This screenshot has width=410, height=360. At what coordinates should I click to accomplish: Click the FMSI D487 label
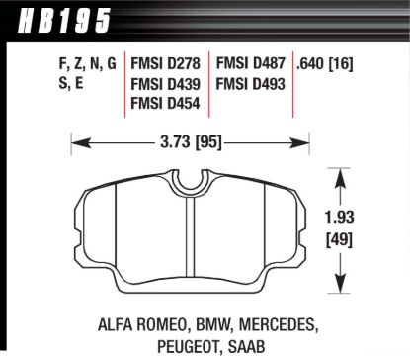(x=251, y=63)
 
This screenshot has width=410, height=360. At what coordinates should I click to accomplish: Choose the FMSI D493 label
(x=251, y=83)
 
